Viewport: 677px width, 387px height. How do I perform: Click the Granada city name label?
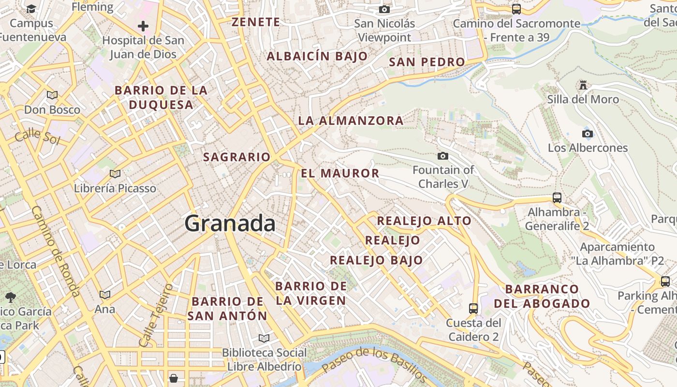click(230, 223)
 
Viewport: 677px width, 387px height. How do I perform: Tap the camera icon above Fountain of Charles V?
click(442, 156)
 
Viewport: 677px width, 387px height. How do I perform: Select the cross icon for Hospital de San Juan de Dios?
click(143, 26)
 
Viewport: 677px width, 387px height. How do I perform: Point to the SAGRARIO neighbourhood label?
click(236, 157)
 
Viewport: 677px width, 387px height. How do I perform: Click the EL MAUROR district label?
click(340, 173)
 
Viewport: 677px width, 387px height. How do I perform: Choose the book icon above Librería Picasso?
click(115, 174)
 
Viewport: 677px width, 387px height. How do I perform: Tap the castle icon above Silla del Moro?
click(583, 86)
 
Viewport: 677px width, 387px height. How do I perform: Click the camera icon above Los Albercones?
click(588, 134)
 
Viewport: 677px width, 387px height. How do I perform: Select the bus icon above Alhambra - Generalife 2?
click(557, 197)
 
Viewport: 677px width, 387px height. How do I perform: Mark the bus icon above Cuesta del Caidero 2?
click(473, 308)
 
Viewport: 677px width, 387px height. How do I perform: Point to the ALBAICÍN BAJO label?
click(317, 57)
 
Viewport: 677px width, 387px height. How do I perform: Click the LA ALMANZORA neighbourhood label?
click(351, 120)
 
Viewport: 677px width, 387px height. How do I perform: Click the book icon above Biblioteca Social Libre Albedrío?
click(264, 338)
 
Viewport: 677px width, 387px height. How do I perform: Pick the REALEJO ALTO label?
click(424, 221)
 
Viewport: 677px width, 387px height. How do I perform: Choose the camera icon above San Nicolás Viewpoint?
click(384, 9)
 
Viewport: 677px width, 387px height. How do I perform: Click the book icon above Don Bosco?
click(52, 95)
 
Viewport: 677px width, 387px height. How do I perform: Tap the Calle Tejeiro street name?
click(156, 315)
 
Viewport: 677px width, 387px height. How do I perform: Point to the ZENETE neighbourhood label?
click(256, 22)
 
